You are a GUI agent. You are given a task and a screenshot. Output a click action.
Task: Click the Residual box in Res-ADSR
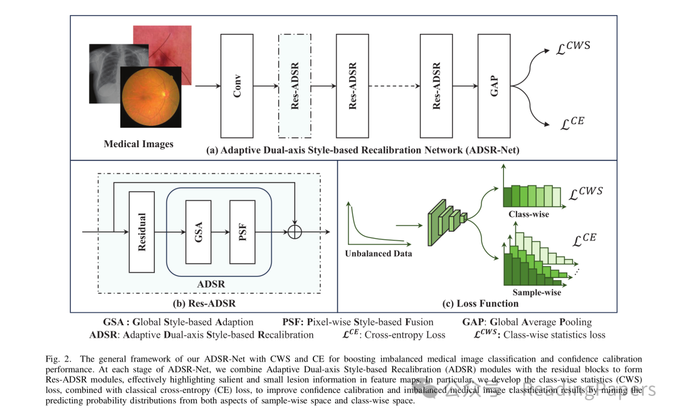tap(141, 231)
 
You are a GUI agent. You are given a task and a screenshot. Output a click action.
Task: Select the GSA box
tap(199, 231)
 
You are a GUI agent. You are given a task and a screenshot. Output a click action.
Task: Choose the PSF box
tap(243, 231)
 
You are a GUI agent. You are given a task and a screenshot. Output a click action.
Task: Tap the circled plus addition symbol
tap(294, 231)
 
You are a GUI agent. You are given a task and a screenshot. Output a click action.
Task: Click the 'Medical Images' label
tap(139, 144)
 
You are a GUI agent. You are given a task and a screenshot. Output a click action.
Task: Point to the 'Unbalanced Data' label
tap(379, 254)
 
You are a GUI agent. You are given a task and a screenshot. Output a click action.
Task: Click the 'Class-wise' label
tap(528, 214)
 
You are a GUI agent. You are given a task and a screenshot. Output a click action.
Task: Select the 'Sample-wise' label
tap(537, 292)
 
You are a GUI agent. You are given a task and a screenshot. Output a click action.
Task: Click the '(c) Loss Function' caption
tap(480, 304)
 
